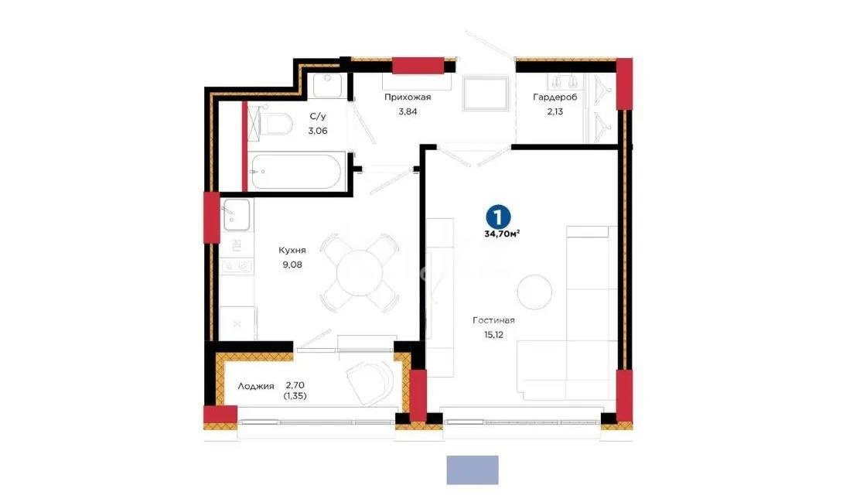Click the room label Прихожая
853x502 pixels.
[408, 97]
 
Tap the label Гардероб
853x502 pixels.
[554, 97]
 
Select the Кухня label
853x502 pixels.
[292, 251]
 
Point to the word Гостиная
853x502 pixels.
[494, 320]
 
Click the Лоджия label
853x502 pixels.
[256, 385]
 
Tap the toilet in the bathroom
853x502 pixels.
[275, 124]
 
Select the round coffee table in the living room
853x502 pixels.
[534, 292]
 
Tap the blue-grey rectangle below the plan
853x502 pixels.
[473, 470]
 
